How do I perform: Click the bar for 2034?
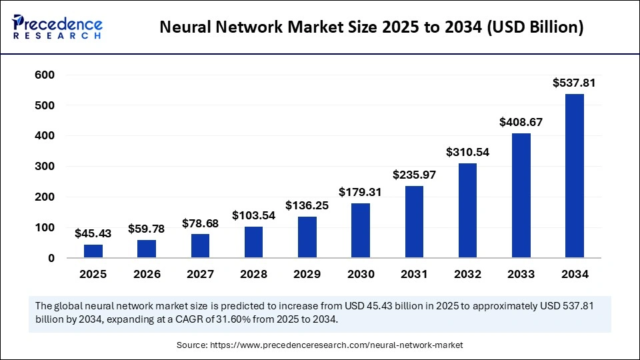click(x=574, y=175)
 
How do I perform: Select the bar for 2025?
click(x=93, y=251)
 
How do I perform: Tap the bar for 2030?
click(x=361, y=230)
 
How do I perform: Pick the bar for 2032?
click(x=467, y=210)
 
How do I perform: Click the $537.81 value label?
click(x=574, y=83)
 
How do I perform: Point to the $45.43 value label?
click(x=93, y=233)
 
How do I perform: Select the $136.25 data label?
click(x=307, y=205)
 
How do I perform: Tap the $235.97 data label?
click(x=414, y=175)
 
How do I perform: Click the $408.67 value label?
click(x=521, y=123)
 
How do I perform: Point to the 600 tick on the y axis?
click(x=45, y=75)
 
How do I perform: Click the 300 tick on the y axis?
click(x=45, y=167)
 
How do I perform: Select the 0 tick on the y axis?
click(x=51, y=258)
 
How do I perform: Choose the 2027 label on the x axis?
click(x=200, y=274)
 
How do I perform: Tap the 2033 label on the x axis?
click(x=521, y=274)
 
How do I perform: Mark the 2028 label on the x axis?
click(x=253, y=274)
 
